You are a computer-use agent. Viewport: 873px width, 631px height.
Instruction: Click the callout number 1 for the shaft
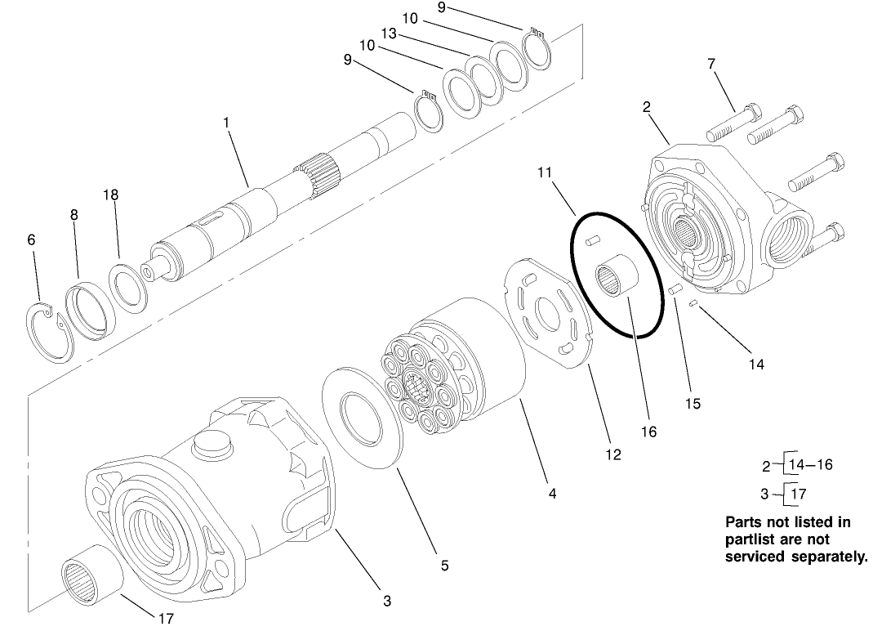pos(226,122)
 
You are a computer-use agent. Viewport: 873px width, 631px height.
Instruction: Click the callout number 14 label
pos(756,365)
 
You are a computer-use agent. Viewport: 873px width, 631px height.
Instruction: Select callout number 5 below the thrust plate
pos(444,565)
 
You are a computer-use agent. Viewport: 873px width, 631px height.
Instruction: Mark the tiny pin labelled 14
pos(693,305)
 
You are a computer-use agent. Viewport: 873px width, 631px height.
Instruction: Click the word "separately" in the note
pos(824,557)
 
